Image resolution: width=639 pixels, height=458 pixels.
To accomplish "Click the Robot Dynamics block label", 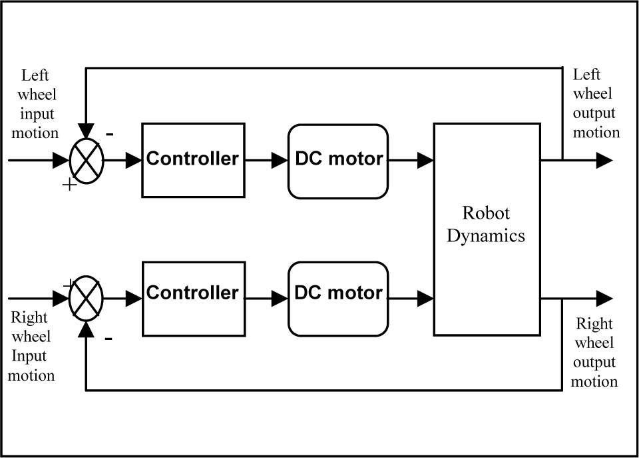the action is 486,224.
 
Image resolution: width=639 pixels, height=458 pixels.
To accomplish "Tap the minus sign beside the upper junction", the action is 110,134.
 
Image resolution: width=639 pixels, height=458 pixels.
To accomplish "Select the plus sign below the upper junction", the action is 70,185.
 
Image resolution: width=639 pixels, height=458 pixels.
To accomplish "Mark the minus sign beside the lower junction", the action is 108,339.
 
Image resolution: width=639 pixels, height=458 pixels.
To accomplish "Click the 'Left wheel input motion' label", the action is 35,104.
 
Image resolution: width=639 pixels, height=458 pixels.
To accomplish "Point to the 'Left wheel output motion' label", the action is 596,103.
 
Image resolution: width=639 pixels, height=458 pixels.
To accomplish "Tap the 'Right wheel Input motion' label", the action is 31,346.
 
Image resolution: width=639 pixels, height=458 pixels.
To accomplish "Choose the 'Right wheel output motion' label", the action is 594,352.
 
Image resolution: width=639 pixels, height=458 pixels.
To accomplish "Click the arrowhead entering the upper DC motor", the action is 279,161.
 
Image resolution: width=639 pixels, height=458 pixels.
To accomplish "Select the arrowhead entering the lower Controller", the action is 134,299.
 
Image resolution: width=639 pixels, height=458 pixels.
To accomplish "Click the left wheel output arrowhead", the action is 604,161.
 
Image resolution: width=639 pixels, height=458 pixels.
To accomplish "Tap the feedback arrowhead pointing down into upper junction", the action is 86,131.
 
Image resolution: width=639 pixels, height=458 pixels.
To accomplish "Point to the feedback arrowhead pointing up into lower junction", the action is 86,329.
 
